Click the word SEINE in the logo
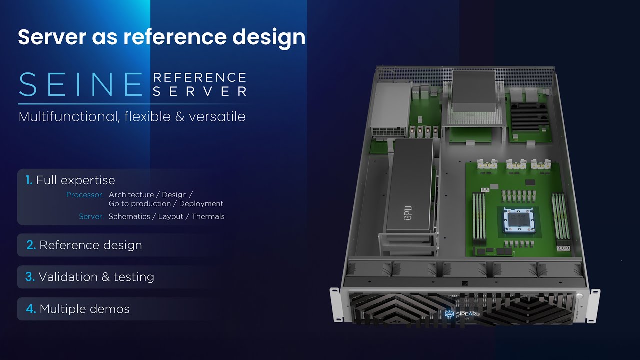(81, 84)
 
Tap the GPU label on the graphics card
(408, 213)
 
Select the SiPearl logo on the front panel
(459, 314)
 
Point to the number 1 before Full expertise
(29, 180)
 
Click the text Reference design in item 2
(91, 245)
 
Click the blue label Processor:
(85, 195)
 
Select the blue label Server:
(91, 217)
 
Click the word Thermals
(205, 217)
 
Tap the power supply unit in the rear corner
(390, 110)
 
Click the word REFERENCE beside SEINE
(199, 78)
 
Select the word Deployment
(201, 204)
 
